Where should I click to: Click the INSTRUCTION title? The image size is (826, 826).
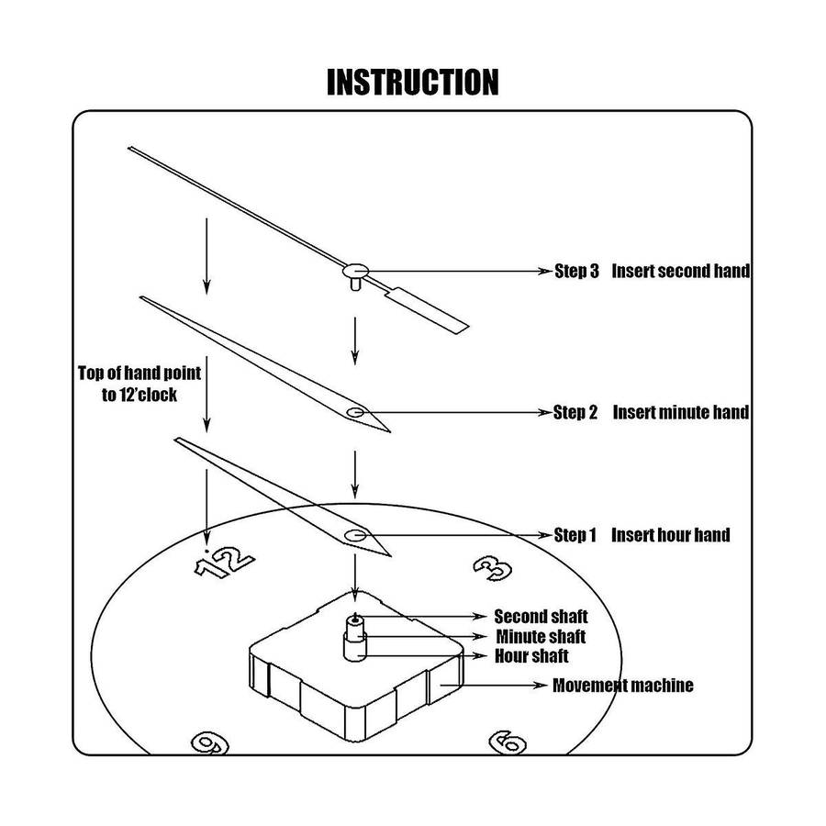(413, 82)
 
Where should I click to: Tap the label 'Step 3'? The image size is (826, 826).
(576, 272)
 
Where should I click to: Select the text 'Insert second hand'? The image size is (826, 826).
(680, 272)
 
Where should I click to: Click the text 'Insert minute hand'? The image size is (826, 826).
(680, 413)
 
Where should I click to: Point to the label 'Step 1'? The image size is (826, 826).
(575, 535)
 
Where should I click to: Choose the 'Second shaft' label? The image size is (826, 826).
(541, 617)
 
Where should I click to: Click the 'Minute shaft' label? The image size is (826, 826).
(541, 636)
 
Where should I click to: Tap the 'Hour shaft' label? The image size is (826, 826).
(531, 655)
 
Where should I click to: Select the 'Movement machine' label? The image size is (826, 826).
(622, 686)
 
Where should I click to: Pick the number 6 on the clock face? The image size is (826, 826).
(507, 742)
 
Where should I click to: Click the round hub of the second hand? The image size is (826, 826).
(354, 271)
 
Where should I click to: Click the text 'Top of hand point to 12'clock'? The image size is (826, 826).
(140, 384)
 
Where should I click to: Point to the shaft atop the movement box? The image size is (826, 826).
(354, 637)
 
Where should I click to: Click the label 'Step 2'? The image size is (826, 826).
(575, 413)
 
